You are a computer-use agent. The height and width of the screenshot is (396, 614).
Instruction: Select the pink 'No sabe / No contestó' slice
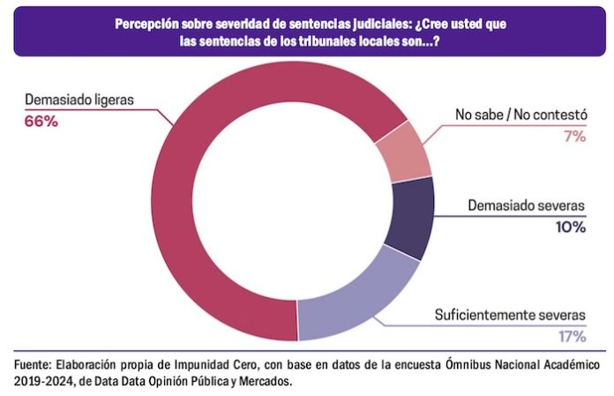point(401,151)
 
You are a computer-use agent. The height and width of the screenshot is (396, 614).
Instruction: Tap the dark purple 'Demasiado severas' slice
point(413,216)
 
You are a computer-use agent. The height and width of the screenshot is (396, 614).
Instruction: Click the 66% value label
point(41,122)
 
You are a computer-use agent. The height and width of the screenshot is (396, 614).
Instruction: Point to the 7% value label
point(573,137)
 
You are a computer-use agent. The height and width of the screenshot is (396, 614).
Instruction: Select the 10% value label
point(570,227)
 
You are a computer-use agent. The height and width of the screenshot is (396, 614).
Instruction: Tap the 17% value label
point(571,336)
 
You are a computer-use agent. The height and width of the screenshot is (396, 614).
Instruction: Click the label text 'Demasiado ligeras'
point(79,100)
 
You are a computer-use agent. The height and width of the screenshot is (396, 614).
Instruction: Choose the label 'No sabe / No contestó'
point(520,116)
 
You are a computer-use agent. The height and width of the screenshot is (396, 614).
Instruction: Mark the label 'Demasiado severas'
point(527,206)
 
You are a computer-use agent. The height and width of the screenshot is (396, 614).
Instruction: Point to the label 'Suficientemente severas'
point(510,315)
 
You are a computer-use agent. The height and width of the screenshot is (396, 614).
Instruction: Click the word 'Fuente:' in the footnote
point(33,364)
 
